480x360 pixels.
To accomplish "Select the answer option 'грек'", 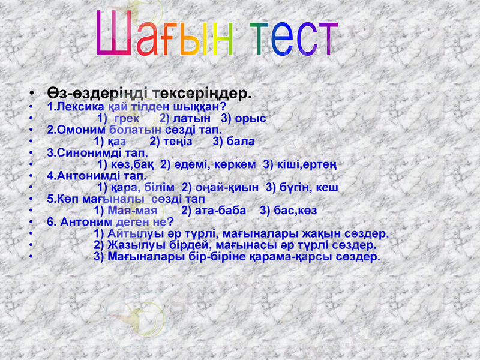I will point(126,118).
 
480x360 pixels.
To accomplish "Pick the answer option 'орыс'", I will point(251,118).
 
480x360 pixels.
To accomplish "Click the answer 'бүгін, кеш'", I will point(307,187).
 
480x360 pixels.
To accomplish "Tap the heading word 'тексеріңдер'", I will point(202,94).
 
